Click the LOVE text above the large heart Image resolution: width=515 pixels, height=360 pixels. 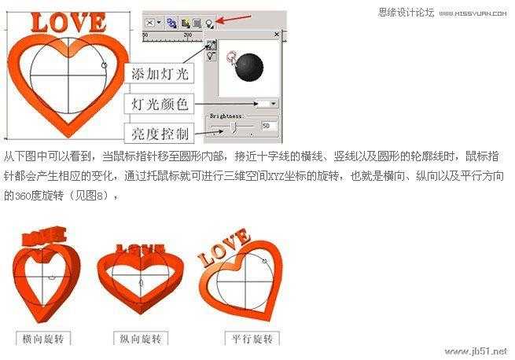pyautogui.click(x=68, y=23)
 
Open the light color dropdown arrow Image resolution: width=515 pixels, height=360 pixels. pyautogui.click(x=273, y=103)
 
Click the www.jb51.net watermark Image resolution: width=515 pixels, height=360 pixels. pyautogui.click(x=476, y=351)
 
